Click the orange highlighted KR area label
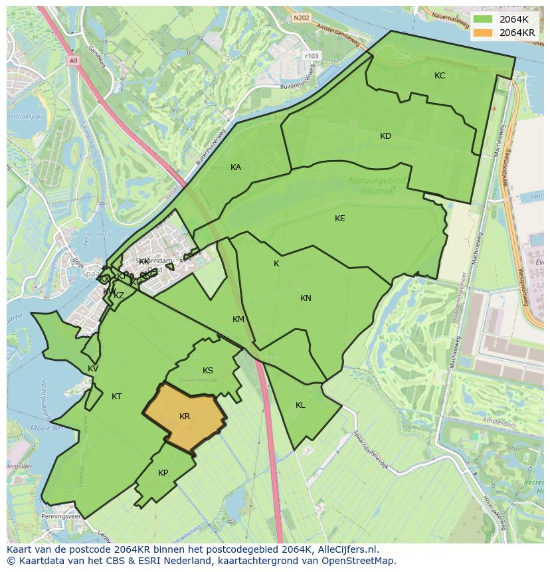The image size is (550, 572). (x=185, y=417)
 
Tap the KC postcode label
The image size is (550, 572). (x=440, y=76)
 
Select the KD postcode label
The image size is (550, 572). (x=385, y=136)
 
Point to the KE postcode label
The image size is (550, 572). (x=340, y=219)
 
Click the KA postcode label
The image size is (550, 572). (x=236, y=167)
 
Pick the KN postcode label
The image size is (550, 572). (x=306, y=298)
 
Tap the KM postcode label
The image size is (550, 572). (x=238, y=320)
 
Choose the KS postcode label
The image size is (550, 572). (x=208, y=371)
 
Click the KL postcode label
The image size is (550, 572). (x=300, y=405)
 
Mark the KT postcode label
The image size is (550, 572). (x=116, y=397)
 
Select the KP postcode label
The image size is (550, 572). (x=163, y=473)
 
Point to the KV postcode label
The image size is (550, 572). (x=93, y=369)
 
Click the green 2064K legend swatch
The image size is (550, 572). (x=484, y=19)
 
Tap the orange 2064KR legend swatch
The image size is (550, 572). (x=484, y=33)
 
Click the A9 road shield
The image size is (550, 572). (x=73, y=60)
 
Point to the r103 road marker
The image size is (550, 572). (x=310, y=56)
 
